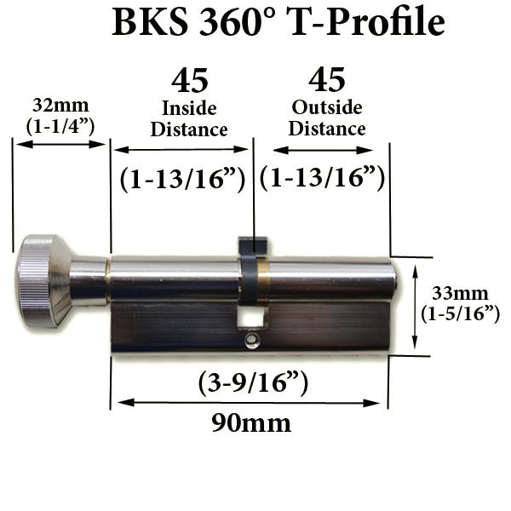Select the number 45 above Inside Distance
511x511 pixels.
pos(189,81)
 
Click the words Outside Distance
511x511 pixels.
pos(327,118)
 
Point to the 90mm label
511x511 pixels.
pos(250,422)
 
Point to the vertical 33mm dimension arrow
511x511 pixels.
pos(415,307)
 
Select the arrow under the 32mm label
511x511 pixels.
pos(60,144)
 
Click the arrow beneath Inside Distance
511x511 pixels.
pos(181,150)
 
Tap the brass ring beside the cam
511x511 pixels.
pos(263,282)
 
